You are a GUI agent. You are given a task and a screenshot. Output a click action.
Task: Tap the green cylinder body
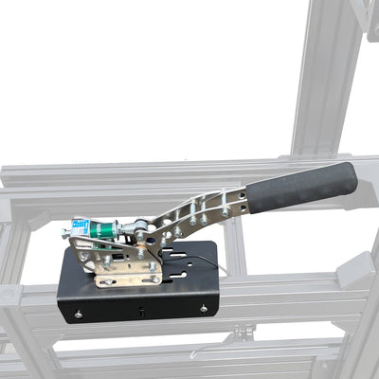(107, 230)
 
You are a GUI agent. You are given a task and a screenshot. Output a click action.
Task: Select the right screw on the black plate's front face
(202, 307)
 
